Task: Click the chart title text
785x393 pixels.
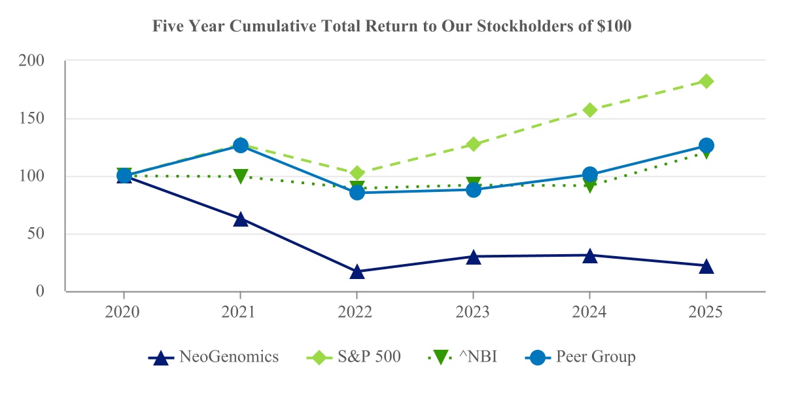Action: click(x=392, y=27)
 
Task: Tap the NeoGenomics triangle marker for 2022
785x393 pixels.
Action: click(x=357, y=271)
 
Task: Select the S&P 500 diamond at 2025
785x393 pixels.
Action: click(x=706, y=81)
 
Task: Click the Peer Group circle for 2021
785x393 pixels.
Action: click(x=240, y=145)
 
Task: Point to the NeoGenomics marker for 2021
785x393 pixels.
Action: click(x=240, y=219)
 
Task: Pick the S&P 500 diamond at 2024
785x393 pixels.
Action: click(x=589, y=110)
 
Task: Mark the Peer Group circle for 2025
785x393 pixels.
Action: click(x=706, y=145)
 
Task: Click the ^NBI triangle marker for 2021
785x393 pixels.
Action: click(x=240, y=176)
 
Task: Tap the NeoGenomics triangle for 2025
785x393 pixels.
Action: click(x=706, y=266)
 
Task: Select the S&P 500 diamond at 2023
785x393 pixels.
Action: click(x=473, y=144)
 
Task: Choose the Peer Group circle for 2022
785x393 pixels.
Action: click(x=357, y=192)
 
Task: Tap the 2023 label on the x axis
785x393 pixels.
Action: click(x=473, y=312)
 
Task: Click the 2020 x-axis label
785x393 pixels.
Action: click(x=124, y=312)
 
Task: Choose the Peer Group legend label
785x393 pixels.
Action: click(x=595, y=357)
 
